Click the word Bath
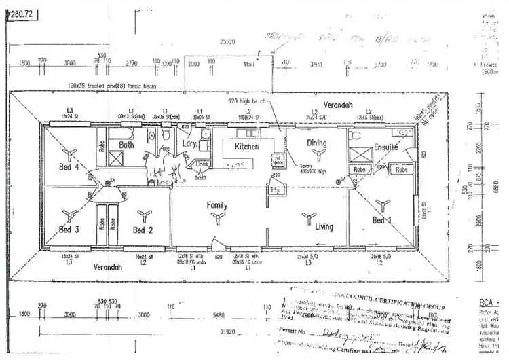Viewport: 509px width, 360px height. [126, 145]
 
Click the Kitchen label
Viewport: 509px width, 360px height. [246, 147]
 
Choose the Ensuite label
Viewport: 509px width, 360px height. [385, 147]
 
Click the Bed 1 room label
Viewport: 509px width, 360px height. [382, 220]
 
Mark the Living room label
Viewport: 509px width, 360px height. [324, 226]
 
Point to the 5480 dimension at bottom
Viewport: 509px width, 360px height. [217, 315]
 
